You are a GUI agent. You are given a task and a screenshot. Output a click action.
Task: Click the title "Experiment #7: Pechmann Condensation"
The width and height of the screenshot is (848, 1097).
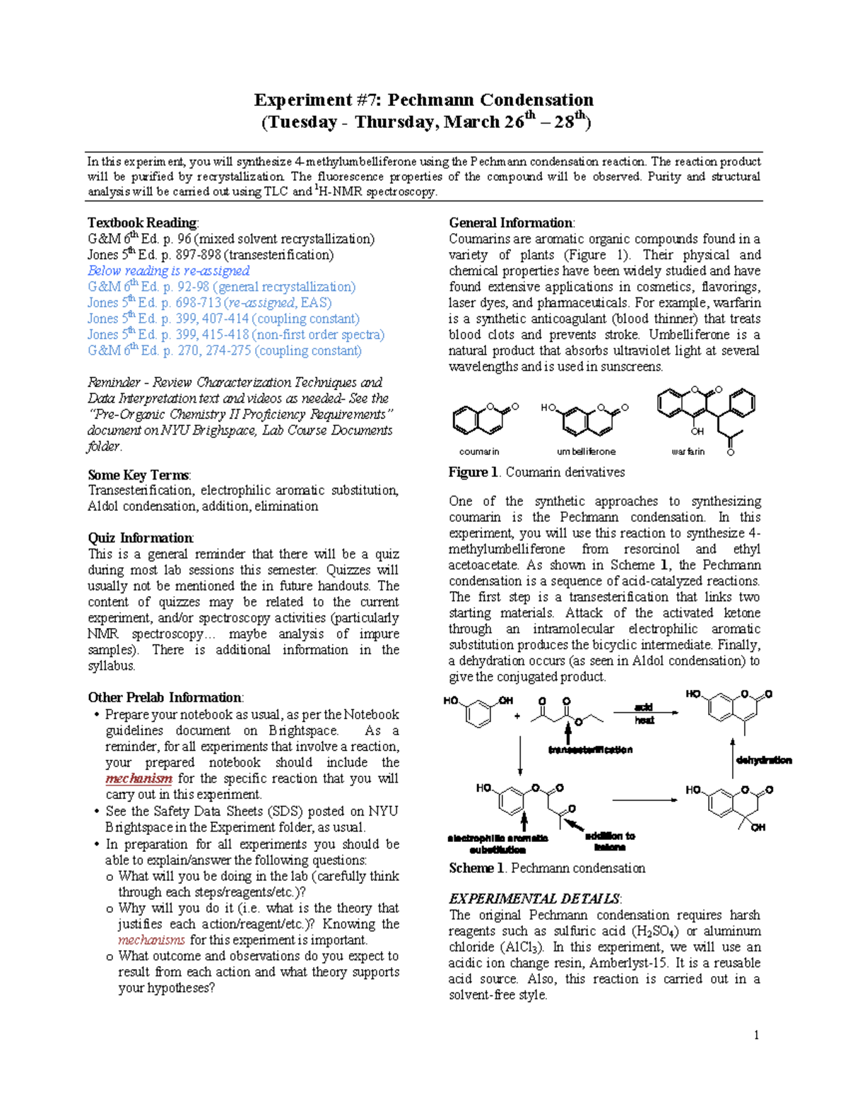tap(423, 100)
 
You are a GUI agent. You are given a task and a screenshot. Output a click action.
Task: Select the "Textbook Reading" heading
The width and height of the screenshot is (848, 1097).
tap(142, 223)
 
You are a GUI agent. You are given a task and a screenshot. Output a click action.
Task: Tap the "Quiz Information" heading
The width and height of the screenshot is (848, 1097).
tap(140, 538)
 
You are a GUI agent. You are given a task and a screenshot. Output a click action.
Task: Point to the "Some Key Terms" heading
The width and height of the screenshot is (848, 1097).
tap(139, 475)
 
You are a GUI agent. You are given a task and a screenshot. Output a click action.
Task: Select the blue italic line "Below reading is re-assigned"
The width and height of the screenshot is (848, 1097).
tap(168, 271)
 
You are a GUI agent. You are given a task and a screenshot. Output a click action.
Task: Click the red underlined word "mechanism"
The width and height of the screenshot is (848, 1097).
tap(139, 778)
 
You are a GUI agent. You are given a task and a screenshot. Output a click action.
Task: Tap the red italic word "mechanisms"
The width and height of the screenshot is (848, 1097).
tap(151, 940)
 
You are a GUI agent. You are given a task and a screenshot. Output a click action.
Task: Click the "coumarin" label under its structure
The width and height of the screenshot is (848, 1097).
tap(479, 451)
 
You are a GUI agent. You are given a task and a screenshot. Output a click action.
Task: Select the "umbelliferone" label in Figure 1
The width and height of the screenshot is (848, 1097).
tap(586, 451)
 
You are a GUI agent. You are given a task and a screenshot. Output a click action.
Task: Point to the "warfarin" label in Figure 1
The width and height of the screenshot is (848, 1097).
tap(688, 451)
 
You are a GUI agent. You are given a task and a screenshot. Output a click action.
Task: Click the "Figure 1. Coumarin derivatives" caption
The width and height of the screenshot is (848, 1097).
tap(536, 472)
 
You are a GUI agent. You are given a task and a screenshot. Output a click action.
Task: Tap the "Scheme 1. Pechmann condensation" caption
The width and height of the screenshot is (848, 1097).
tap(546, 868)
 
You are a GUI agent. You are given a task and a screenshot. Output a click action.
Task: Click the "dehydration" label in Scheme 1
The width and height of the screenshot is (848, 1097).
tap(763, 760)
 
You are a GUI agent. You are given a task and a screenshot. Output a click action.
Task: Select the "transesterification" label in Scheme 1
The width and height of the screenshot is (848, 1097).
tap(590, 749)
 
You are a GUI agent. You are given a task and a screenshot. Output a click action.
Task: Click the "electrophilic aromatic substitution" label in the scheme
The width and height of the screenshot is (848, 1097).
tap(497, 843)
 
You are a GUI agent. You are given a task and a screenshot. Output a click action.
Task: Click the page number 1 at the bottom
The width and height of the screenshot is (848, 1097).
tap(756, 1035)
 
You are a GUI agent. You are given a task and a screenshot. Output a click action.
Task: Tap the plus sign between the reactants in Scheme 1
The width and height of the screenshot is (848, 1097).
tap(517, 716)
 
